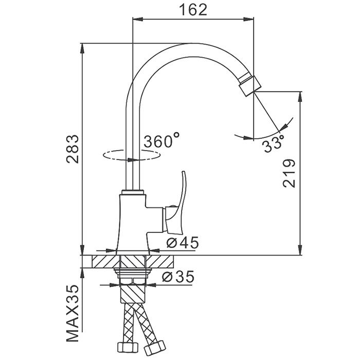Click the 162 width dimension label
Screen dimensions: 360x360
coord(193,10)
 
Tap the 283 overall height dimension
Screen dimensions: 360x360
coord(73,149)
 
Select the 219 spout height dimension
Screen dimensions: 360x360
coord(289,173)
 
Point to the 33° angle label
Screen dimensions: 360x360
coord(274,143)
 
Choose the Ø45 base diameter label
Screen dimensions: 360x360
coord(182,243)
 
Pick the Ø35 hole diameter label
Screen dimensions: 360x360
coord(178,277)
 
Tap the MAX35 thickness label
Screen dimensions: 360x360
coord(73,317)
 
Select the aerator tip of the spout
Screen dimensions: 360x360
coord(249,85)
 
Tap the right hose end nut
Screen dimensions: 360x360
coord(155,348)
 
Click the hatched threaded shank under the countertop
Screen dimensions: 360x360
coord(133,294)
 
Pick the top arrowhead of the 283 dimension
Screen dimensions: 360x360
coord(82,48)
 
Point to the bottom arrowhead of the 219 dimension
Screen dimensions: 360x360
coord(300,249)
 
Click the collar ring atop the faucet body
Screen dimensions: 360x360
coord(133,192)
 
